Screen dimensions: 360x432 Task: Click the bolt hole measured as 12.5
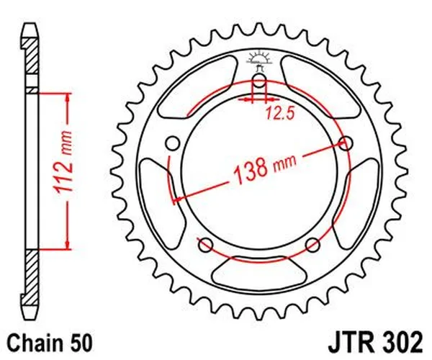click(259, 80)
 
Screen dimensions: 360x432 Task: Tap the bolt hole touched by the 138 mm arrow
click(346, 143)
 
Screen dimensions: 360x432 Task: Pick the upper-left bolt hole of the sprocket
click(174, 143)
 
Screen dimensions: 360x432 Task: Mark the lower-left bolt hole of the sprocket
click(206, 243)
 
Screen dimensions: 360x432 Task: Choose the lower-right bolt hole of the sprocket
click(312, 243)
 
